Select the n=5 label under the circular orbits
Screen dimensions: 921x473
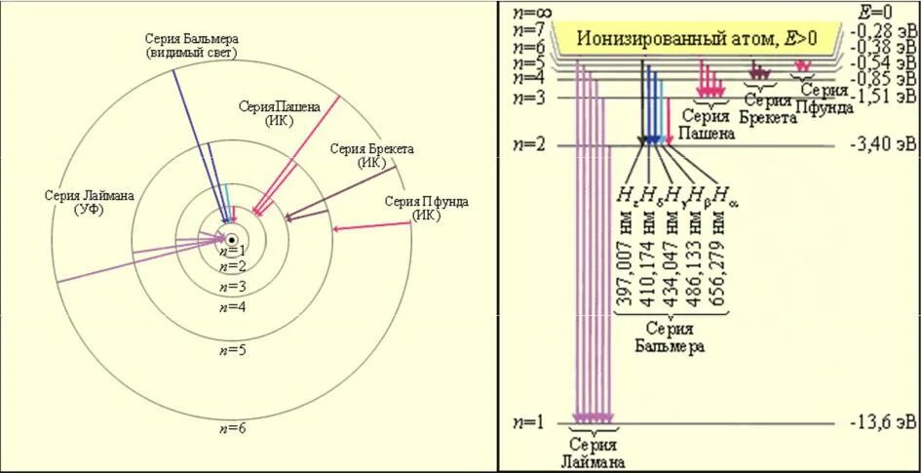(232, 349)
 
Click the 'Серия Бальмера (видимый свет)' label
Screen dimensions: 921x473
(191, 44)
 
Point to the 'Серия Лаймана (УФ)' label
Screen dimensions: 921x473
(89, 202)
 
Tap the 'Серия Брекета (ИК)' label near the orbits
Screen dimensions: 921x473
(371, 155)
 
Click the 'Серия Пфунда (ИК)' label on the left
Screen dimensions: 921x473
(426, 208)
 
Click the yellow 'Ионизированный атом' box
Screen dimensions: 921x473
(697, 39)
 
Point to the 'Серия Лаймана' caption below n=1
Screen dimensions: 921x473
(593, 453)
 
